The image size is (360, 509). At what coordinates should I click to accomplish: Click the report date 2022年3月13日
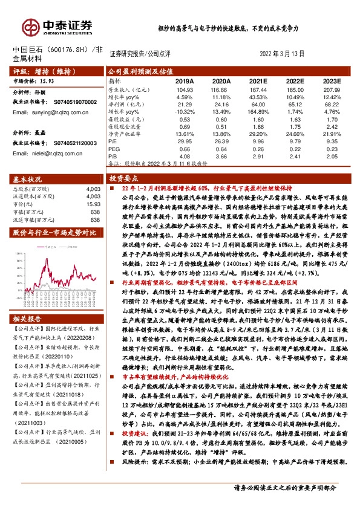[281, 54]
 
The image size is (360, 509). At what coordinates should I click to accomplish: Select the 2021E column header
[258, 80]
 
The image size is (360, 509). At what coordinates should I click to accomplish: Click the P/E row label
[113, 141]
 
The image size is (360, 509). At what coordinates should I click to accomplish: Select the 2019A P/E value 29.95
[184, 141]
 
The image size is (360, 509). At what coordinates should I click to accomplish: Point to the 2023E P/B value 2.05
[330, 156]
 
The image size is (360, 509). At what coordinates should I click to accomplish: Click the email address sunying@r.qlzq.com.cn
[52, 112]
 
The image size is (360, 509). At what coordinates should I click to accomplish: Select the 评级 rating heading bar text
[36, 71]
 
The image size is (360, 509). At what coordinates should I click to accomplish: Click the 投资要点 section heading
[124, 180]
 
